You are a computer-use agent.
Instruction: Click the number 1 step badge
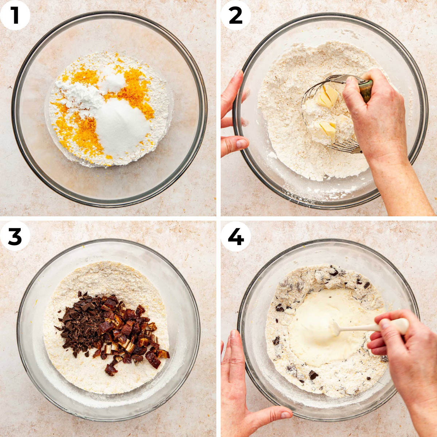point(15,15)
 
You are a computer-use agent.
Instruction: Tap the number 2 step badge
point(236,15)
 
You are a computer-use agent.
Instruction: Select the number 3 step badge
point(15,236)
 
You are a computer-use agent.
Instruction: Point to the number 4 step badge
point(236,236)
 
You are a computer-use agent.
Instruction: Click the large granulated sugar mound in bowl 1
point(122,126)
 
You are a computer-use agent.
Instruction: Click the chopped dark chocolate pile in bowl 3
point(78,320)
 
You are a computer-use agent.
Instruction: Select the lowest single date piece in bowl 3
point(111,370)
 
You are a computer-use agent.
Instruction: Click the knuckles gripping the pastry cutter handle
point(355,91)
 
